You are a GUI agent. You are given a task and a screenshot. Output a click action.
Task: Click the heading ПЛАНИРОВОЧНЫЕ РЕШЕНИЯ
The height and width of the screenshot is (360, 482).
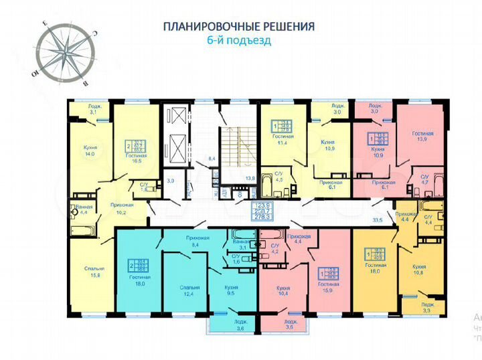[239, 27]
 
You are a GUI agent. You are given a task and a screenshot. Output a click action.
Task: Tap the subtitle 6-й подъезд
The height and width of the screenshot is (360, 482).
[239, 39]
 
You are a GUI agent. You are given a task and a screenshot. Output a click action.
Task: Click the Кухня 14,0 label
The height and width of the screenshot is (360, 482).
[88, 150]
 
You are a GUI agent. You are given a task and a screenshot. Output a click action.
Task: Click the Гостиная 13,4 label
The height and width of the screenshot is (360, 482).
[284, 139]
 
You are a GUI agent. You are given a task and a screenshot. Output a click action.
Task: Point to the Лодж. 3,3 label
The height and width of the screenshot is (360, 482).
[426, 307]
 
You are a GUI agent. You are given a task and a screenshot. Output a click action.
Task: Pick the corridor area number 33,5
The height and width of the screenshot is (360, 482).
[378, 218]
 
